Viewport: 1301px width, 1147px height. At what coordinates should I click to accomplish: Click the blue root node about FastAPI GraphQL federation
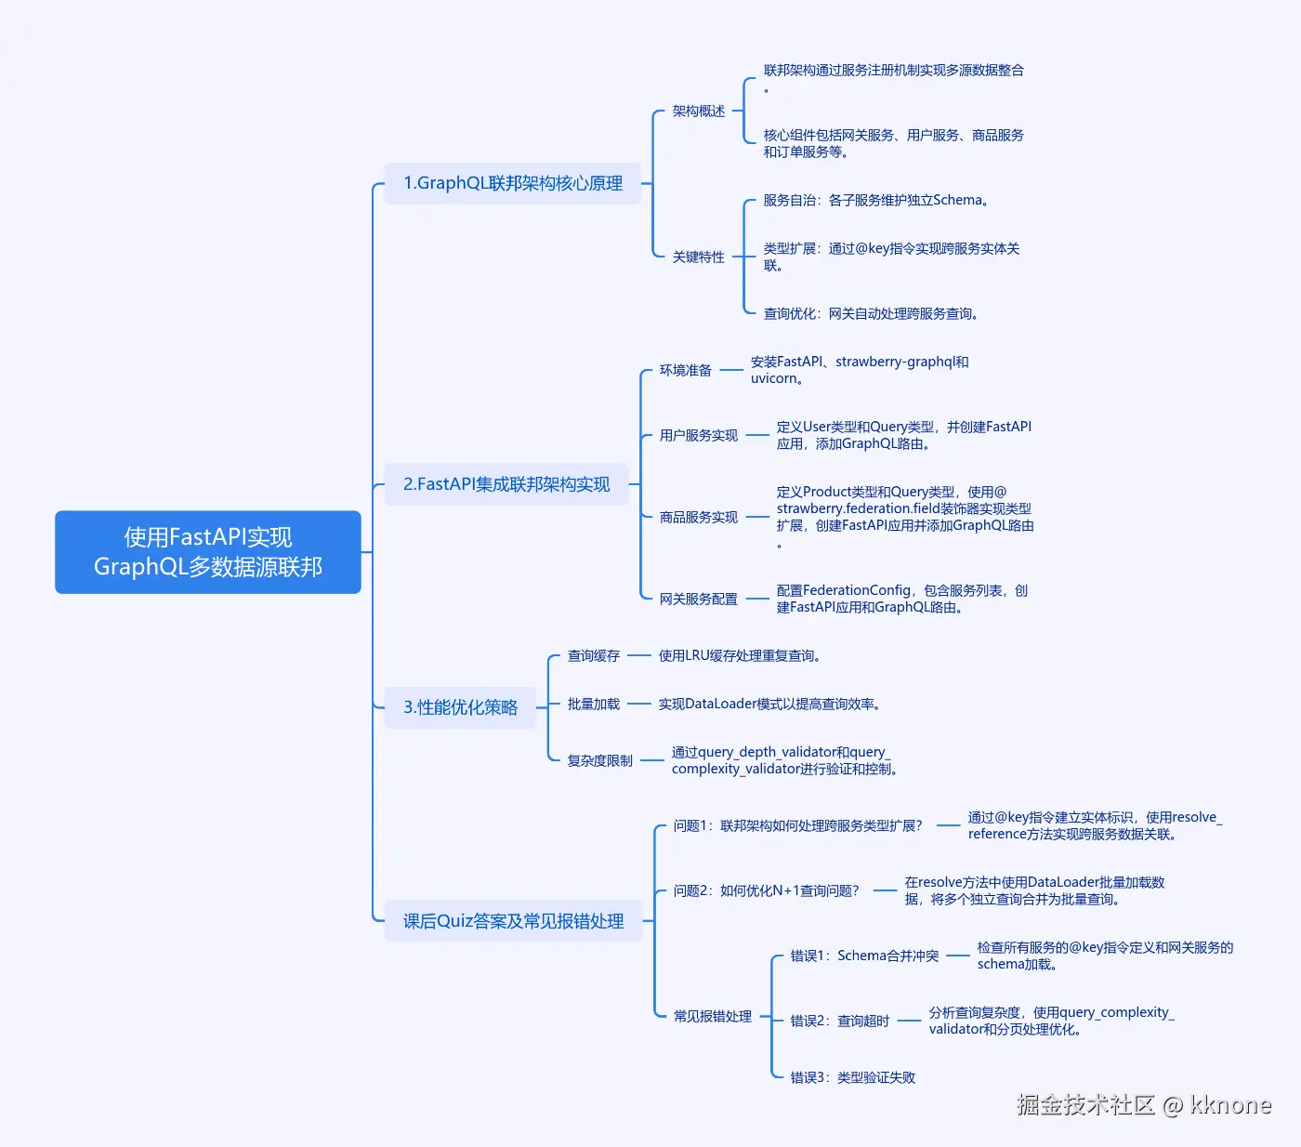(208, 552)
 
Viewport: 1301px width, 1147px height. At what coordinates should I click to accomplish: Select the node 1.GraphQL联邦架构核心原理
(512, 184)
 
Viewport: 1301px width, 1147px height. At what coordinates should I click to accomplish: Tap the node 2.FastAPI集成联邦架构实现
(506, 484)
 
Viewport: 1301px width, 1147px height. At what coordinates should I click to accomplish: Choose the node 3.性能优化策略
(460, 707)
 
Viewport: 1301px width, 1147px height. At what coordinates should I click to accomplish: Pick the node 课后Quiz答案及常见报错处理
(513, 921)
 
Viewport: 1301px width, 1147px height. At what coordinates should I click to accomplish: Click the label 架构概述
(699, 112)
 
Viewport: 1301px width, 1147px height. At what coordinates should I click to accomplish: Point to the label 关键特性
(699, 257)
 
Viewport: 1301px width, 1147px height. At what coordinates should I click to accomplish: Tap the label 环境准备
(686, 370)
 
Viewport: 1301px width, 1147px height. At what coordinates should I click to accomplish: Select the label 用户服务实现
(699, 435)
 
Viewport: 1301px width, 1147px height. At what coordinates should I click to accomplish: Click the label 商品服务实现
(699, 517)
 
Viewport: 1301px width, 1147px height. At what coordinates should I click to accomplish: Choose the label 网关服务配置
(699, 599)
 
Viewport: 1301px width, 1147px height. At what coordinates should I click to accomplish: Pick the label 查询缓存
(593, 655)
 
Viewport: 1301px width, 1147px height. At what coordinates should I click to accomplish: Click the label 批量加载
(593, 704)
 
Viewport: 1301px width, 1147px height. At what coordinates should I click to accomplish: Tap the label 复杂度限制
(599, 760)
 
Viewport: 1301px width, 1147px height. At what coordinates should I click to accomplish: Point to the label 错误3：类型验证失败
(853, 1077)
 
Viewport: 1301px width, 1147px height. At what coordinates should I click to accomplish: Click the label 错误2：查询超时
(840, 1021)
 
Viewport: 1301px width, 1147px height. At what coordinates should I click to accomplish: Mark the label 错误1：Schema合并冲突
(864, 956)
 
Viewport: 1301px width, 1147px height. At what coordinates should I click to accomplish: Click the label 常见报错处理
(712, 1016)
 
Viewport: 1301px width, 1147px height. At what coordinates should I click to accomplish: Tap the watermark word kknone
(1230, 1104)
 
